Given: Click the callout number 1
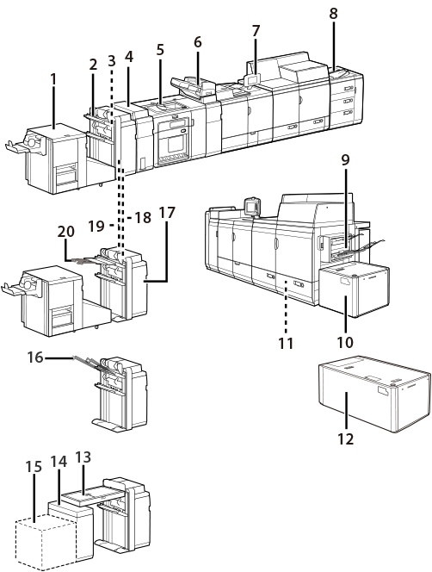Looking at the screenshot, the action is [54, 79].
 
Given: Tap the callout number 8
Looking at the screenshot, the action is [333, 14].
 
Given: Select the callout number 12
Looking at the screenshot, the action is [346, 438].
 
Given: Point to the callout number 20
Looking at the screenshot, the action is [66, 232].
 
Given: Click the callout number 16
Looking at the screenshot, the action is [36, 357].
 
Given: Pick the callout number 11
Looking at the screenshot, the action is [286, 343].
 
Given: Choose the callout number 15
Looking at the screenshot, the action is [34, 467].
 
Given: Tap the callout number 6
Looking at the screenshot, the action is [197, 42].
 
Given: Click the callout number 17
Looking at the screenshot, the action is [167, 213].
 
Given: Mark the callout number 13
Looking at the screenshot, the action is [83, 457].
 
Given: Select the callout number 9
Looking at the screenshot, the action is [345, 159].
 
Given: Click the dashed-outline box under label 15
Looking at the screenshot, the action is [46, 542].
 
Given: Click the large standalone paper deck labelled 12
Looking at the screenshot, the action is [374, 393].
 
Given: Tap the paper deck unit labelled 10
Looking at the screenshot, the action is [354, 290].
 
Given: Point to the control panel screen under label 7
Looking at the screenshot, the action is [254, 79].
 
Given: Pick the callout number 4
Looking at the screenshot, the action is [129, 57].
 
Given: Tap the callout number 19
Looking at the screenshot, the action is [96, 227].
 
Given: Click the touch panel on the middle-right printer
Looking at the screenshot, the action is [251, 207].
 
